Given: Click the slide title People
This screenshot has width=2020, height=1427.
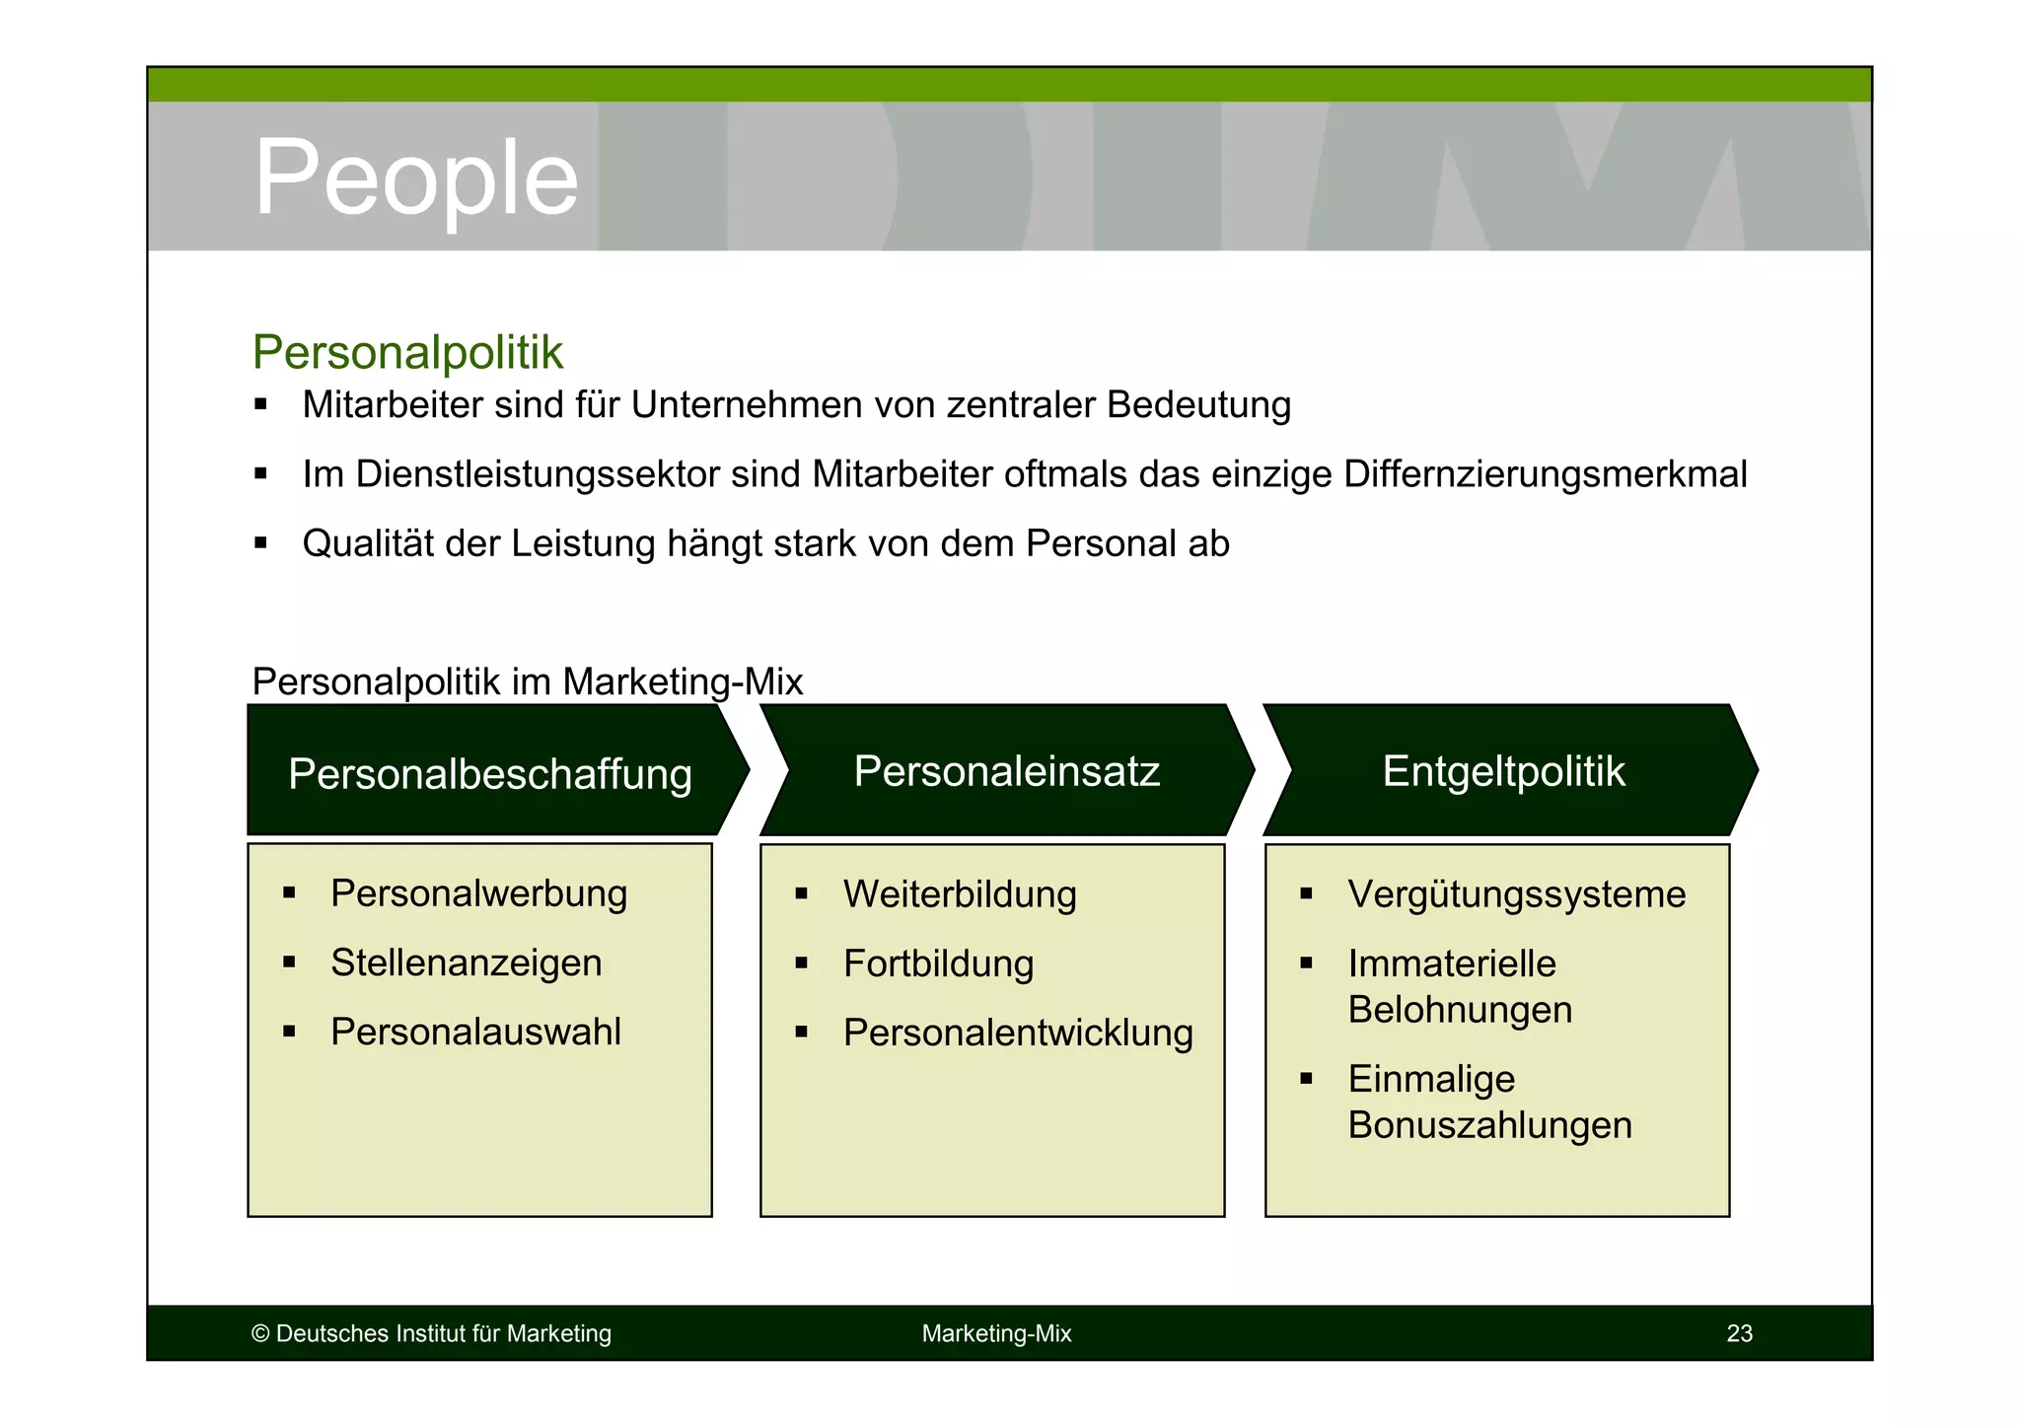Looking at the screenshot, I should [x=415, y=178].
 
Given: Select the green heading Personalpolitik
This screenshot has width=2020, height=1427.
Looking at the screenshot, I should [x=407, y=353].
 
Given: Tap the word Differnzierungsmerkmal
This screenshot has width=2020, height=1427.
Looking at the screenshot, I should [x=1545, y=474].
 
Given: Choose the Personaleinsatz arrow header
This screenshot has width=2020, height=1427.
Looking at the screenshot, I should [x=1006, y=771].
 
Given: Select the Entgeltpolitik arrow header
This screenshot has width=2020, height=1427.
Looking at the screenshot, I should [x=1502, y=771].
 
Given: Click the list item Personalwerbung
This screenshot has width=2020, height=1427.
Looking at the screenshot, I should [x=478, y=893].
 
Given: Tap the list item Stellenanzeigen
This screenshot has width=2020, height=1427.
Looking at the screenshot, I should [x=466, y=963].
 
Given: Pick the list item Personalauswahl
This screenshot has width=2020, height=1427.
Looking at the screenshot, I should [x=475, y=1032].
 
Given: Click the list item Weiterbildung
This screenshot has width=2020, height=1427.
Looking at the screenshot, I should [x=960, y=894].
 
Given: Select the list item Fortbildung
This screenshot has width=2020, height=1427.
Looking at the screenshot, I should [x=938, y=963].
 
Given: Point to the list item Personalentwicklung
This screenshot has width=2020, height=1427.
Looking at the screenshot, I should [x=1018, y=1033].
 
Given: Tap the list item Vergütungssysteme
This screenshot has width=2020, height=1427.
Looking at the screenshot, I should [x=1516, y=894].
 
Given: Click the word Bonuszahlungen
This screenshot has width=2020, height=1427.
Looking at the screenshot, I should [x=1489, y=1125].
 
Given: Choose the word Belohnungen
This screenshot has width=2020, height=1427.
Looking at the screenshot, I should [x=1460, y=1010].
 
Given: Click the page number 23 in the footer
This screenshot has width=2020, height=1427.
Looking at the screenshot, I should [x=1739, y=1333].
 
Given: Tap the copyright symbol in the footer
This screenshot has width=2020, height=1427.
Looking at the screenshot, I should [x=260, y=1334].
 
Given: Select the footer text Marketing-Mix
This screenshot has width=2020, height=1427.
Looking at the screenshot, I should [x=996, y=1333].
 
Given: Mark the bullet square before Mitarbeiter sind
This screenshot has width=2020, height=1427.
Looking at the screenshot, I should [x=260, y=404].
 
